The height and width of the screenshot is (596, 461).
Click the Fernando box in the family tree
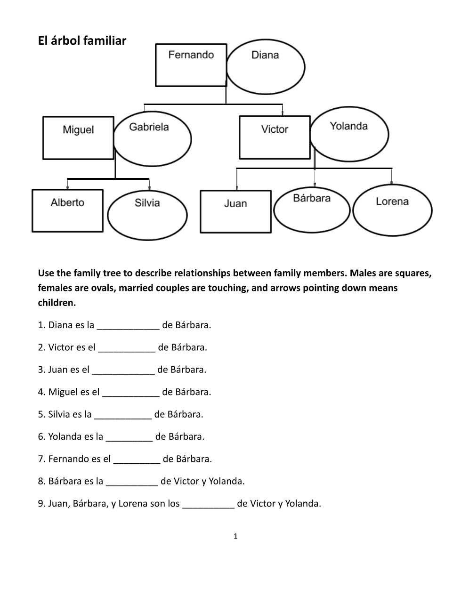[191, 65]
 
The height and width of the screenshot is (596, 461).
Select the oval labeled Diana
[266, 67]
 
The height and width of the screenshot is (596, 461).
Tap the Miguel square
[78, 138]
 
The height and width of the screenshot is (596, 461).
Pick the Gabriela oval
[152, 138]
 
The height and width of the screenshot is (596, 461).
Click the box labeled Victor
[275, 137]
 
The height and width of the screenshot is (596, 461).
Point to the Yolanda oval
[349, 135]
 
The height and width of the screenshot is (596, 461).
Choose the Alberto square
[67, 210]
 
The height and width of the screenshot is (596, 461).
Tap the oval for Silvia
[147, 215]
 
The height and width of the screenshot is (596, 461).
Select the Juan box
[235, 211]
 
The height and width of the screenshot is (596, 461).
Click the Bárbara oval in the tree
[312, 210]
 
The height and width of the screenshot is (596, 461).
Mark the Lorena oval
[392, 210]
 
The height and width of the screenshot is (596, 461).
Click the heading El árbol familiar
[82, 41]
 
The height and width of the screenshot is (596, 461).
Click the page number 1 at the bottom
[235, 536]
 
